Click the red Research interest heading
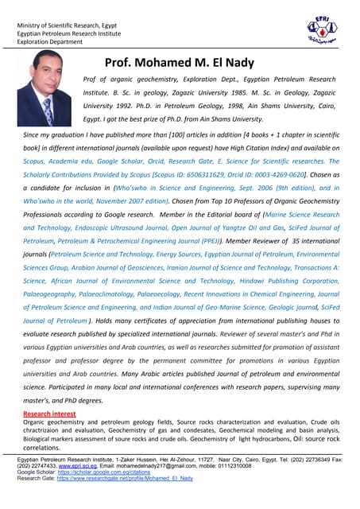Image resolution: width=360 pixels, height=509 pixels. click(49, 414)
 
